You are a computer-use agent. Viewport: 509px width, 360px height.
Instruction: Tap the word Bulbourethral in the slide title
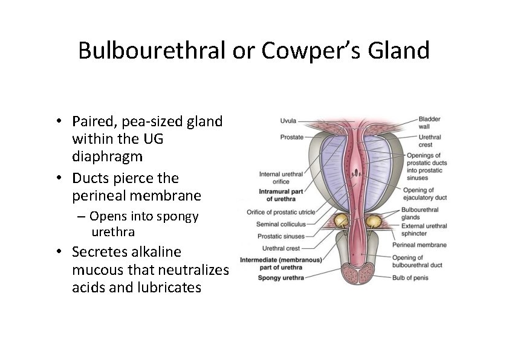point(152,51)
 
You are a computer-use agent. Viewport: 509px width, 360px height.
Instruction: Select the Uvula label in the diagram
point(288,120)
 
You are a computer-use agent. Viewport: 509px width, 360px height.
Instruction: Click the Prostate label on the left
point(291,137)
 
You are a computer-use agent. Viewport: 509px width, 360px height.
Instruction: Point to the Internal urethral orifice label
point(280,178)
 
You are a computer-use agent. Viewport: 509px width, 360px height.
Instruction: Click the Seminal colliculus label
point(281,224)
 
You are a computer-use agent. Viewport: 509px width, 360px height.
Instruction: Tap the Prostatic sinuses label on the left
point(280,236)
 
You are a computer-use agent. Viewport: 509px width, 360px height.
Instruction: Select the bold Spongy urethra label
point(280,278)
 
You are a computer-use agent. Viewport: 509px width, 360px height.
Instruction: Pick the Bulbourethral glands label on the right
point(420,213)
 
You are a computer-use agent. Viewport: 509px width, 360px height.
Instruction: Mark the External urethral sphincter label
point(424,230)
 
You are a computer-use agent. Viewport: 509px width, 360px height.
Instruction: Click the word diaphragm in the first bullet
point(107,156)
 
